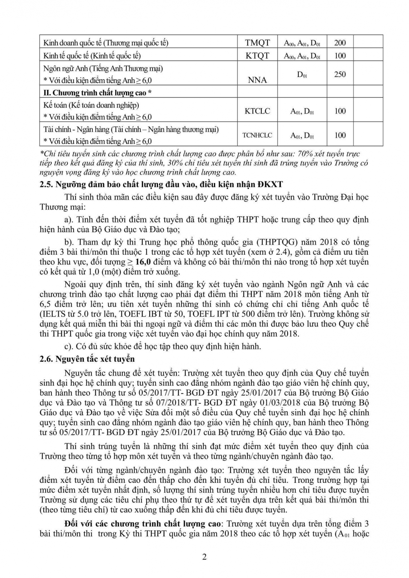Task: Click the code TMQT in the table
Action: (x=258, y=43)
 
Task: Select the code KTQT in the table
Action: (x=258, y=56)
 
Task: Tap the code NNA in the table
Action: (x=258, y=80)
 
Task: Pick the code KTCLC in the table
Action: (x=258, y=111)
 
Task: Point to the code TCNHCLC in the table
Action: (x=257, y=135)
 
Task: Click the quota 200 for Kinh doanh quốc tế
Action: (x=340, y=43)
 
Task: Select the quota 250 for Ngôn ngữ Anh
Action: (x=340, y=74)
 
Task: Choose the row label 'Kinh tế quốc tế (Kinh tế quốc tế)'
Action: (x=92, y=56)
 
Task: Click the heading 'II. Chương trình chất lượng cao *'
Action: (x=97, y=92)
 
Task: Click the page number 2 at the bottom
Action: (x=204, y=557)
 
